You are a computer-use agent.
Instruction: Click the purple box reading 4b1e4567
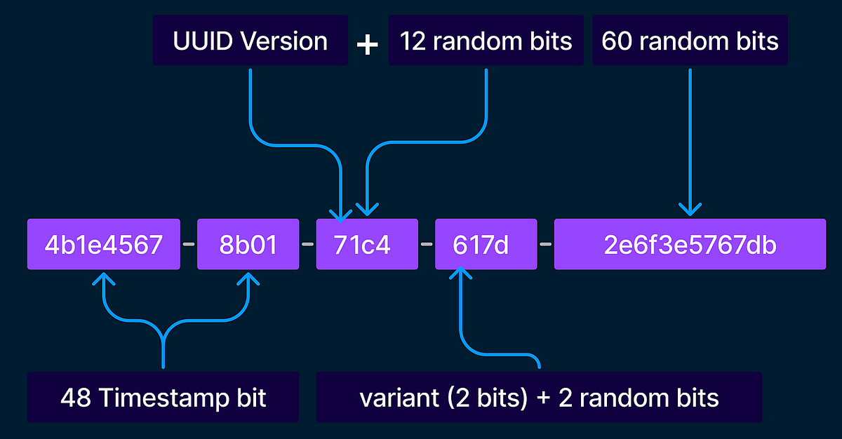point(104,244)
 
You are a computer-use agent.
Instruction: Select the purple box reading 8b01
point(248,244)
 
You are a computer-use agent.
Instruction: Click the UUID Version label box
point(250,41)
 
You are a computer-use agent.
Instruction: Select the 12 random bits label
point(486,41)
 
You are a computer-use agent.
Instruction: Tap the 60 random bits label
point(690,41)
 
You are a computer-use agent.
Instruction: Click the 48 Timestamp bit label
point(163,398)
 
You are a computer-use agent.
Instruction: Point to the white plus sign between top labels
point(368,44)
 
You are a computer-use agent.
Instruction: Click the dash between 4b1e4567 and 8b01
point(188,245)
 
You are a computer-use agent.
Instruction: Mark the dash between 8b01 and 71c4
point(307,245)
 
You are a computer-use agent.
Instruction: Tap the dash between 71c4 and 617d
point(426,245)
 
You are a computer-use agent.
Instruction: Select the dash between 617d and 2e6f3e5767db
point(545,245)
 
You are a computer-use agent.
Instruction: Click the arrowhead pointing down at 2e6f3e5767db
point(690,209)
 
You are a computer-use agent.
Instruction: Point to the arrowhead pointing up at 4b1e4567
point(104,279)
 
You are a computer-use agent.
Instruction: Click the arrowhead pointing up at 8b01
point(248,279)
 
